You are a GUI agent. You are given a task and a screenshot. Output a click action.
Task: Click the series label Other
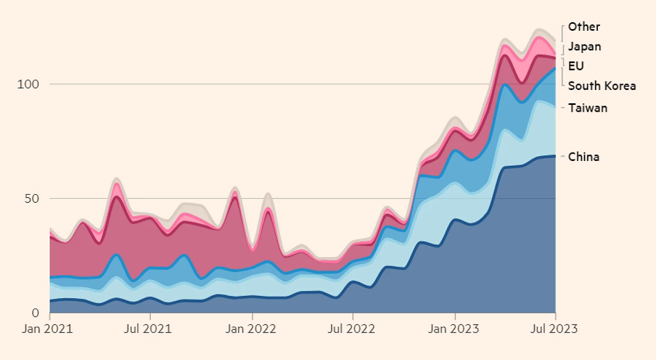click(584, 27)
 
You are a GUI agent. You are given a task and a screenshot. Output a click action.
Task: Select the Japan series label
click(585, 47)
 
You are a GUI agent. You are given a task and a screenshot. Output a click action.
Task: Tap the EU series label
click(576, 66)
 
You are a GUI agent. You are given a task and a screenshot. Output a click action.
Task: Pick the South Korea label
click(602, 86)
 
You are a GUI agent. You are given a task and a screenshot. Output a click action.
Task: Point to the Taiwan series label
click(588, 108)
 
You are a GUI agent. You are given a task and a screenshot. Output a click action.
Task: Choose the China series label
click(584, 157)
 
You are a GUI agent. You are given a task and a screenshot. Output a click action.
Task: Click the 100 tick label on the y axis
click(28, 84)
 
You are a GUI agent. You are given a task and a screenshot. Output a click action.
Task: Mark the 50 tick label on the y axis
click(32, 199)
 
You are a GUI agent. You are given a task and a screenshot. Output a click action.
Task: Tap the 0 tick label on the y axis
click(35, 313)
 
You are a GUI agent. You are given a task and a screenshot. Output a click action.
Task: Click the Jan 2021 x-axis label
click(48, 329)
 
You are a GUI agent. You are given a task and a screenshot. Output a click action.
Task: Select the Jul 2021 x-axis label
click(148, 329)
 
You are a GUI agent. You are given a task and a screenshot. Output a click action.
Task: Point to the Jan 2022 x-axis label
click(251, 329)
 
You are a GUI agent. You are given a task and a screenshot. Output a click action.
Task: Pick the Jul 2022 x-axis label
click(351, 329)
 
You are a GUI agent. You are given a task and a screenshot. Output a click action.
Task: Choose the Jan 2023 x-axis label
click(453, 329)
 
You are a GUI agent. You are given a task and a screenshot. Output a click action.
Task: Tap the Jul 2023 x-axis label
click(554, 329)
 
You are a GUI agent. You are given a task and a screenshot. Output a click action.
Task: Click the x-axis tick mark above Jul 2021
click(150, 317)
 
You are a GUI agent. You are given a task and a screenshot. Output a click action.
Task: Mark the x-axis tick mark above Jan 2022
click(252, 317)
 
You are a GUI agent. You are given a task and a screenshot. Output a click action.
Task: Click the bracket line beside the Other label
click(562, 33)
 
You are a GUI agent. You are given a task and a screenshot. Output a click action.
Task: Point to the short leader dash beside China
click(562, 157)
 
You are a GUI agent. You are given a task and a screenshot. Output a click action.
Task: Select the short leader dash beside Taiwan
click(562, 108)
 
